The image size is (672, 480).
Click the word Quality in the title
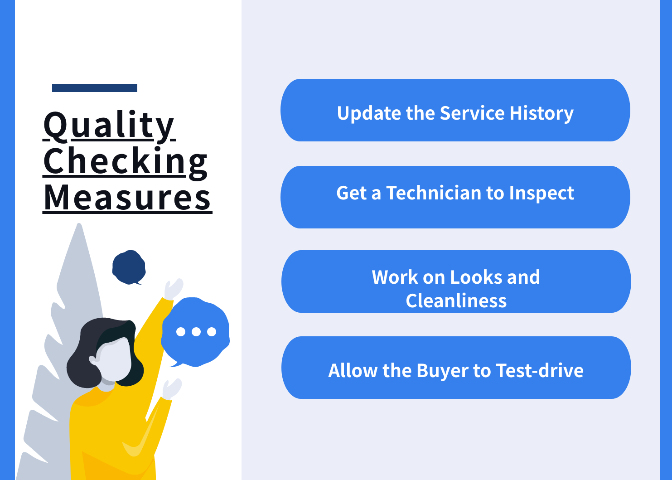click(x=109, y=126)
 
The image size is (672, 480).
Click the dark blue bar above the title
click(x=95, y=88)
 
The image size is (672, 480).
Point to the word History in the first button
click(x=541, y=113)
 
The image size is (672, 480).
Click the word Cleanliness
click(x=456, y=301)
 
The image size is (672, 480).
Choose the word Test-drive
click(x=540, y=370)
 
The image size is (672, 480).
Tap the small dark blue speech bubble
click(x=129, y=267)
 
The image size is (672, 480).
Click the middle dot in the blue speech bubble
click(x=196, y=331)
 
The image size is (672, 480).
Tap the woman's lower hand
click(x=172, y=389)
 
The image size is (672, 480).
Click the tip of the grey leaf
click(x=79, y=224)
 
